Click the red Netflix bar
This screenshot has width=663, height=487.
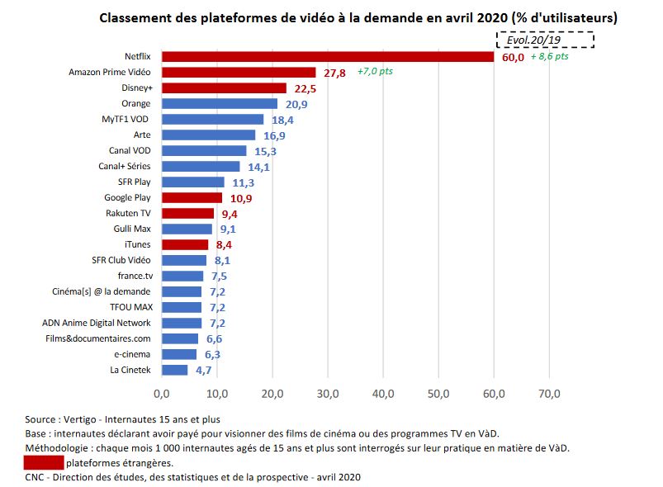[x=328, y=56]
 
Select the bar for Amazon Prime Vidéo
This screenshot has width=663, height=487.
[x=239, y=72]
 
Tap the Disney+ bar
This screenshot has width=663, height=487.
[x=224, y=87]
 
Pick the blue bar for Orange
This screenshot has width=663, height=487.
[x=220, y=103]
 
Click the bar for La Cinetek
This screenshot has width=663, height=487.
[x=174, y=370]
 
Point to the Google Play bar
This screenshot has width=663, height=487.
[x=192, y=197]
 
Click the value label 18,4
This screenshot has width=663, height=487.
[x=284, y=121]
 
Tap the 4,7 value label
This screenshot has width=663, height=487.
[x=204, y=371]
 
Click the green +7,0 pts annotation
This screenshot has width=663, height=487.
[x=375, y=72]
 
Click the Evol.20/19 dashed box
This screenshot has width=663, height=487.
[x=544, y=40]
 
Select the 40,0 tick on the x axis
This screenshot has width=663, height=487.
[x=383, y=393]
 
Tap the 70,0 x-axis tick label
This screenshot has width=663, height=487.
[x=550, y=393]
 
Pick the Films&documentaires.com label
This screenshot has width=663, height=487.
[x=98, y=338]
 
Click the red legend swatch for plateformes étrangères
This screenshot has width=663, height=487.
[x=45, y=462]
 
